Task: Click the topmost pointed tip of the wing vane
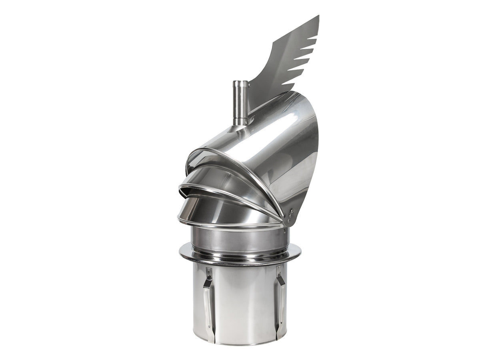(318, 16)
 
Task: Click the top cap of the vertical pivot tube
(240, 82)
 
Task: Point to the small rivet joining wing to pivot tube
(248, 85)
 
